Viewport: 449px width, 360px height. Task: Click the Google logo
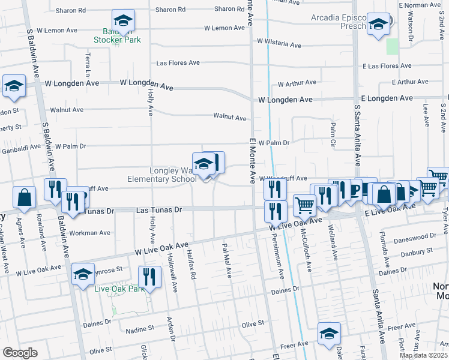(x=20, y=353)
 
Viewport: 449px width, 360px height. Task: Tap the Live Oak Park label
(x=119, y=289)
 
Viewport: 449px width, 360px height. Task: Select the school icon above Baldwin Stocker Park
(x=123, y=22)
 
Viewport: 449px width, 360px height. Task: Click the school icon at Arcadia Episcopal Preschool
(x=378, y=25)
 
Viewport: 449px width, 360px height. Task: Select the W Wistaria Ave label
(x=279, y=44)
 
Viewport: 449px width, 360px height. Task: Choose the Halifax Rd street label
(x=193, y=264)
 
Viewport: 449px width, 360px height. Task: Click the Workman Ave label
(x=90, y=232)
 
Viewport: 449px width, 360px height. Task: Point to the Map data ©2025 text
(x=424, y=355)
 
